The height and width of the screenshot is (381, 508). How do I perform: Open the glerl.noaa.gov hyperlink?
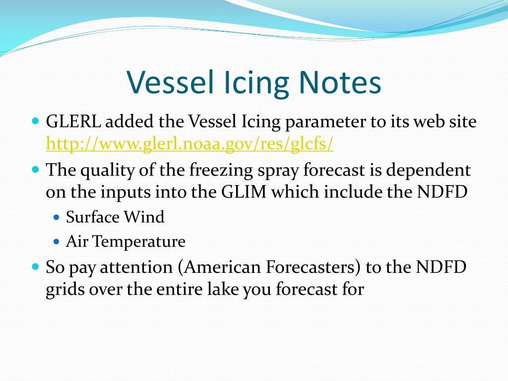[x=190, y=144]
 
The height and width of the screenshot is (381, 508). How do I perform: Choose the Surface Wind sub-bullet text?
[x=115, y=217]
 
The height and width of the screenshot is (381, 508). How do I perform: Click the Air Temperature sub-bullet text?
[x=126, y=242]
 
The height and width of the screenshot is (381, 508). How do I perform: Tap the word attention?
[x=136, y=267]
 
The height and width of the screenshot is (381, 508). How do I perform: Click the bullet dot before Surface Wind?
[x=57, y=217]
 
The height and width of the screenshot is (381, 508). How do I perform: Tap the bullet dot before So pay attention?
[x=35, y=267]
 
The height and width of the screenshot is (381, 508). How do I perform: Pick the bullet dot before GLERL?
[x=35, y=121]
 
